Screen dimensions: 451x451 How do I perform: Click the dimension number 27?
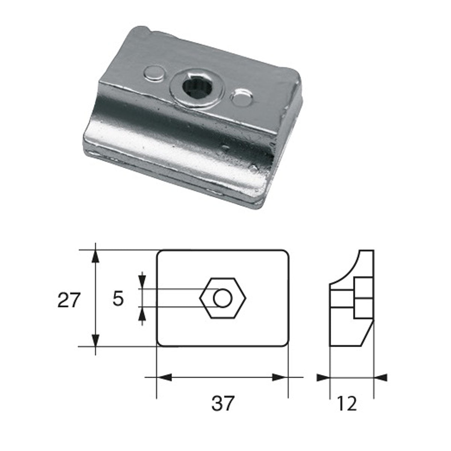(x=69, y=300)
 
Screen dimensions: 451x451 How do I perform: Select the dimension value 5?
(x=118, y=300)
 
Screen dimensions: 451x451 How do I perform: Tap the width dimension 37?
(x=222, y=403)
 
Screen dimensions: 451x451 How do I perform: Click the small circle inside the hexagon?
(x=222, y=298)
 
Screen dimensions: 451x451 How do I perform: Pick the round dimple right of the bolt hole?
(x=242, y=98)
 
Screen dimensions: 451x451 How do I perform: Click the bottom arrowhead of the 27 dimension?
(x=96, y=340)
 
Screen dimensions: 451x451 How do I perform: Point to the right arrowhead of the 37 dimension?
(x=280, y=377)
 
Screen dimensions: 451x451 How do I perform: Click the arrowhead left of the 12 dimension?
(x=322, y=377)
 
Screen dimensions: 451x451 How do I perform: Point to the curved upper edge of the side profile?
(x=348, y=267)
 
